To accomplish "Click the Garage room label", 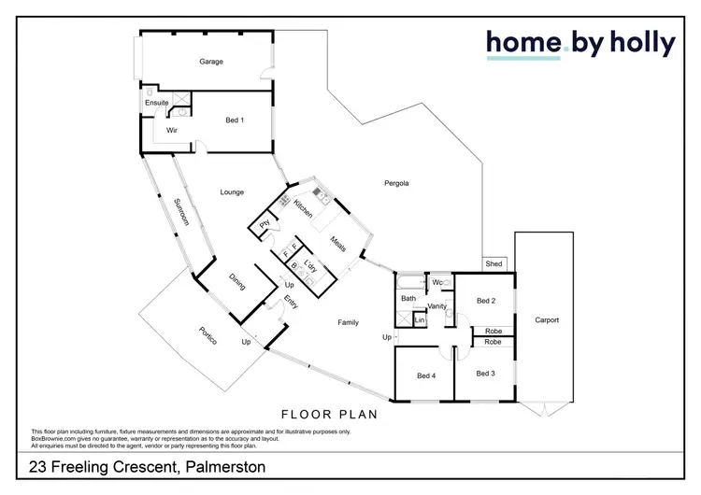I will [x=211, y=62].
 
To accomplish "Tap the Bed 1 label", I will [x=235, y=120].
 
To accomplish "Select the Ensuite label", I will [x=156, y=102].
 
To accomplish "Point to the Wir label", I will [x=172, y=131].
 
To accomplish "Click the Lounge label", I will [x=232, y=192].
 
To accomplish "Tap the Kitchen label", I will [x=303, y=209].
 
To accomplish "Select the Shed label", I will [x=494, y=264].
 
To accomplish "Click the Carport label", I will [x=547, y=320].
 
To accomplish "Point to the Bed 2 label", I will [x=484, y=301].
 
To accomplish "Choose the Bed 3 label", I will [x=484, y=374].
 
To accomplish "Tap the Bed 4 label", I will [x=425, y=375].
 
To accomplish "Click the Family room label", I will [x=348, y=322].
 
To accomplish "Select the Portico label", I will [x=207, y=336].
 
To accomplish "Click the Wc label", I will [x=436, y=282].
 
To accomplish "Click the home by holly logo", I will [x=579, y=43].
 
